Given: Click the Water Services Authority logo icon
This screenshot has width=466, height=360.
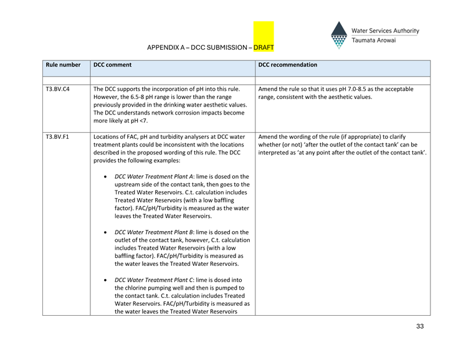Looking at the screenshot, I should tap(339, 35).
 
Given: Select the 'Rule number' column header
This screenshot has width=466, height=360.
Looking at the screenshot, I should tap(63, 65).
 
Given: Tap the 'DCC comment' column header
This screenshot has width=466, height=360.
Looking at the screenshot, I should tap(112, 65).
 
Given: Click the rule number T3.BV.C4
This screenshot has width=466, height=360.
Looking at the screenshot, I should tap(57, 89).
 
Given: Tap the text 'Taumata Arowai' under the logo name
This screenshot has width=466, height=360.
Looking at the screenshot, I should tap(374, 40).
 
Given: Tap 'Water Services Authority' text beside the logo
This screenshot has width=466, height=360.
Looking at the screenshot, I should tap(385, 31).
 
